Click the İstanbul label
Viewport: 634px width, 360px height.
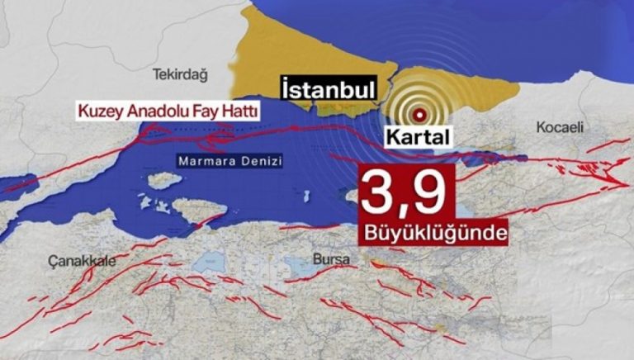click(x=329, y=88)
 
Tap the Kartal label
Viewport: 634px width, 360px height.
click(x=417, y=135)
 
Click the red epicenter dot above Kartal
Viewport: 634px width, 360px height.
click(x=420, y=114)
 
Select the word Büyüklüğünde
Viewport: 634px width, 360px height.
click(x=433, y=234)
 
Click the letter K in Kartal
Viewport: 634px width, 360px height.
click(x=391, y=135)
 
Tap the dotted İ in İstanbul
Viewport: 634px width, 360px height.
click(x=285, y=88)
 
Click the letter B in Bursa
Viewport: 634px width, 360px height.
click(x=317, y=260)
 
